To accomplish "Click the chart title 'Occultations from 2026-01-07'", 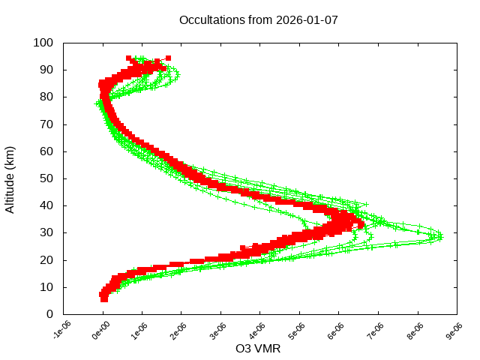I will pyautogui.click(x=258, y=19).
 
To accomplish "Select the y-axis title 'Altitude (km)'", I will pyautogui.click(x=10, y=178).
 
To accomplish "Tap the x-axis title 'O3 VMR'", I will pyautogui.click(x=258, y=349).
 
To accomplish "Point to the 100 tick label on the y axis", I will pyautogui.click(x=43, y=43).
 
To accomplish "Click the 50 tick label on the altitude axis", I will pyautogui.click(x=46, y=178).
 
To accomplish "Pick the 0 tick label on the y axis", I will pyautogui.click(x=49, y=314).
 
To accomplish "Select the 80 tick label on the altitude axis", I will pyautogui.click(x=46, y=97).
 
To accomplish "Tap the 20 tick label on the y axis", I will pyautogui.click(x=46, y=259).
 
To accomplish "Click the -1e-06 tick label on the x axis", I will pyautogui.click(x=62, y=330).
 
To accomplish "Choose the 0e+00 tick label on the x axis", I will pyautogui.click(x=101, y=330).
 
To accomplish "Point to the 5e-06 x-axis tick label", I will pyautogui.click(x=298, y=330).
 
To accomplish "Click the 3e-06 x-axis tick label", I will pyautogui.click(x=219, y=330).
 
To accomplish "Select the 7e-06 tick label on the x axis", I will pyautogui.click(x=376, y=330).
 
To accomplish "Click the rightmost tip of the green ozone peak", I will pyautogui.click(x=441, y=236).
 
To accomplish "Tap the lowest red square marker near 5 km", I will pyautogui.click(x=104, y=299).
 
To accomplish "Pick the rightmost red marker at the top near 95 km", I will pyautogui.click(x=168, y=58).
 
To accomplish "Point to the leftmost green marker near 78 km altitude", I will pyautogui.click(x=97, y=103).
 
